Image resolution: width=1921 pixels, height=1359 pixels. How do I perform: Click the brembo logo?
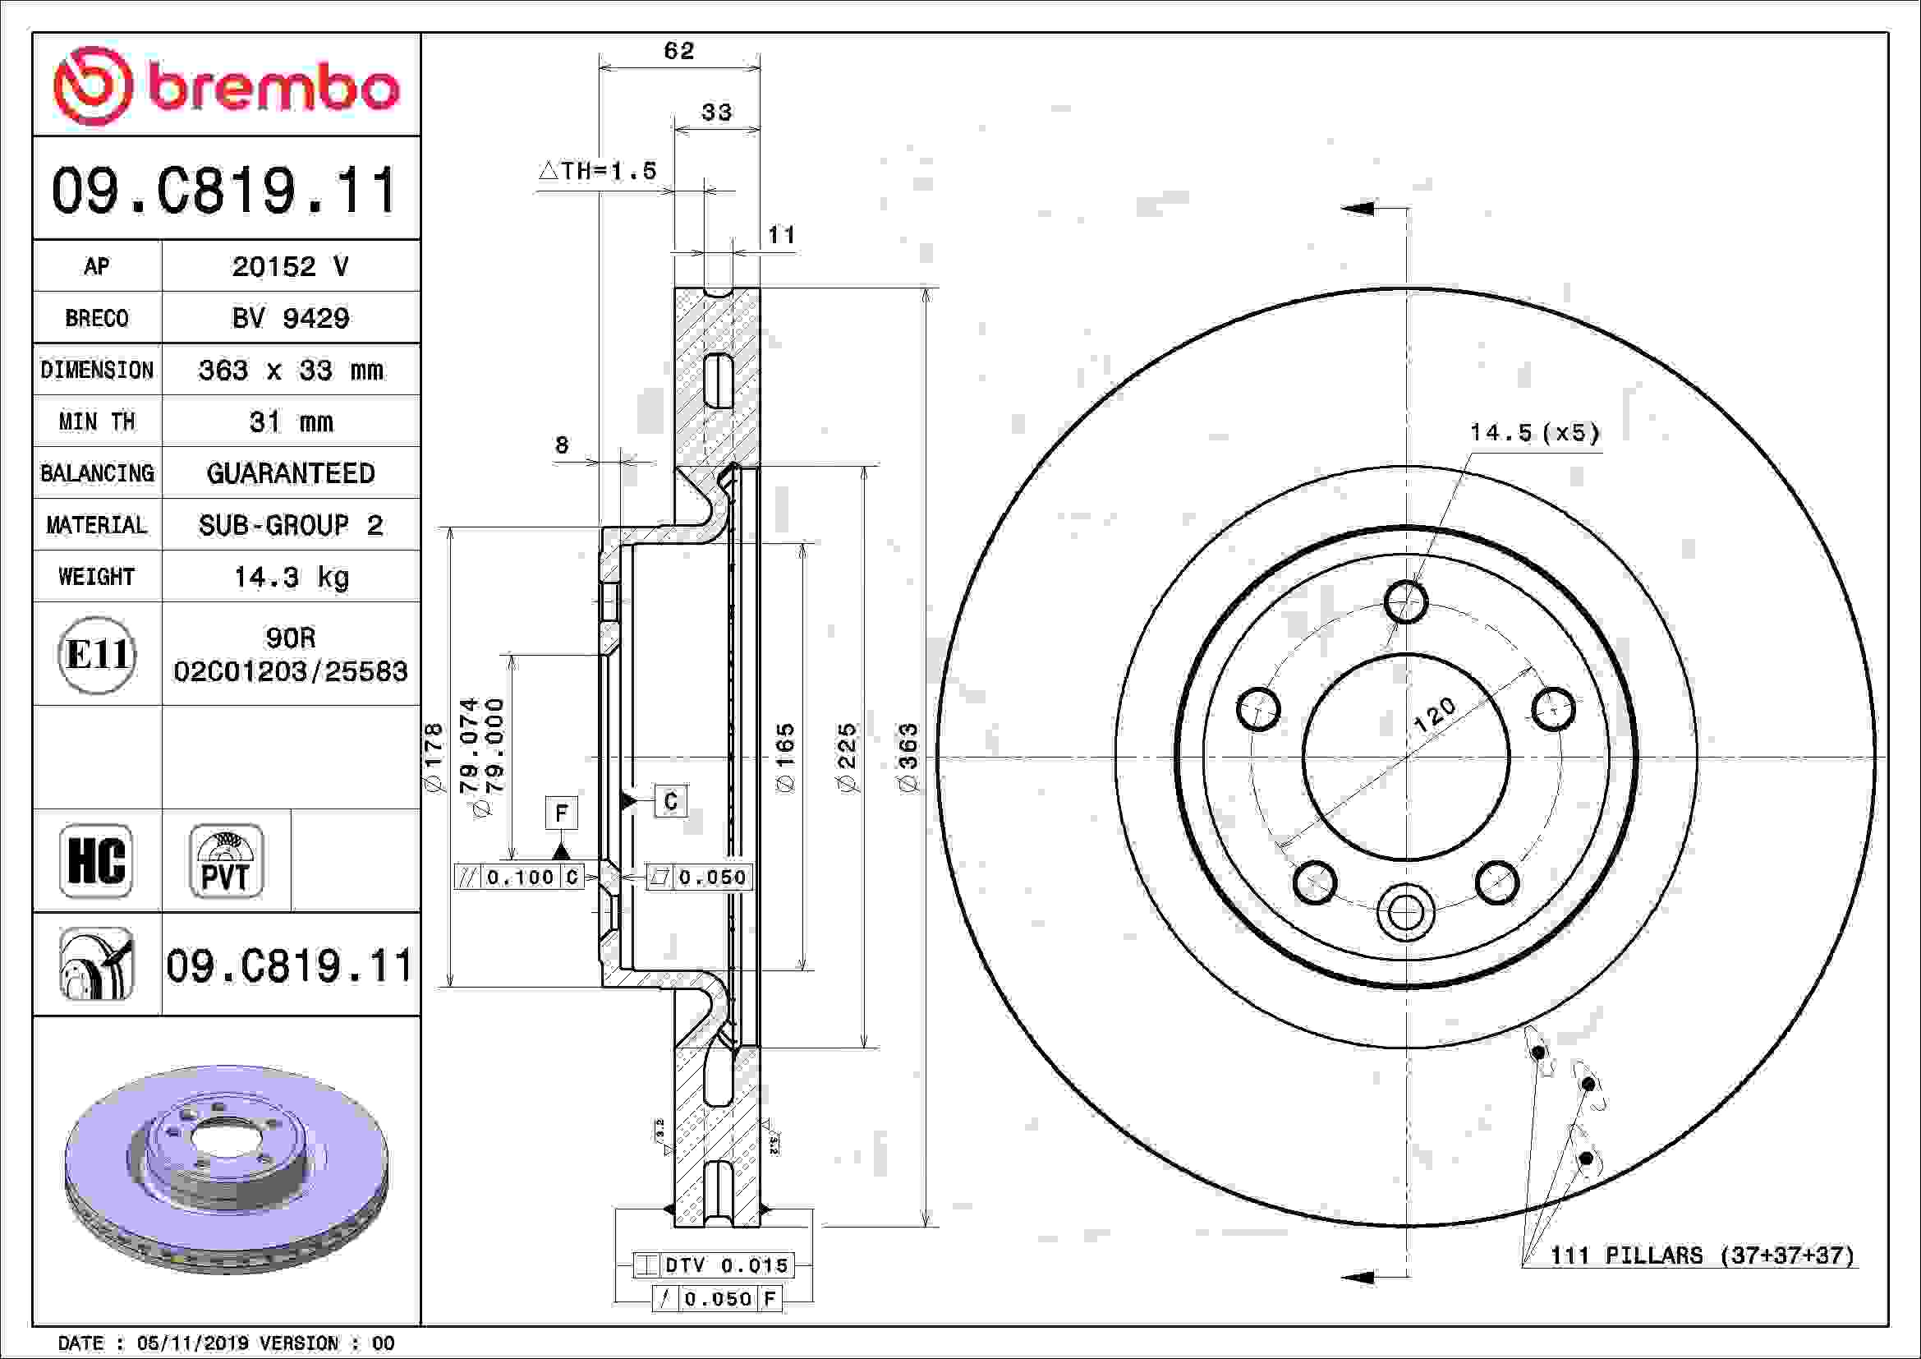tap(226, 86)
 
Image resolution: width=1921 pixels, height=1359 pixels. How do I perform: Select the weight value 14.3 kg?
tap(290, 577)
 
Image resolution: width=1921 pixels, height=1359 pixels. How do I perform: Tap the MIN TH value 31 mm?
tap(290, 422)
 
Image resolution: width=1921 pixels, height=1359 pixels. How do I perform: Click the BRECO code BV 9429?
tap(290, 318)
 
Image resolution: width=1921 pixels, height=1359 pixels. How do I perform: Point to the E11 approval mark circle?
tap(97, 654)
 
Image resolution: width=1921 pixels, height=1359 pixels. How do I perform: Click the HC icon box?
tap(96, 860)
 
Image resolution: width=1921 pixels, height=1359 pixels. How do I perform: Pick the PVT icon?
tap(226, 860)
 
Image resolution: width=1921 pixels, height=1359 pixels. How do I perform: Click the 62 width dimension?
tap(678, 51)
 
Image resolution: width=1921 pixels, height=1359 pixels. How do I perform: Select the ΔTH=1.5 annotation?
tap(597, 172)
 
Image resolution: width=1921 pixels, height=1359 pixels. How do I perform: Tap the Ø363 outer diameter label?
tap(908, 758)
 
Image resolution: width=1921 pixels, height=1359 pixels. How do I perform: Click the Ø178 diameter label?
tap(434, 758)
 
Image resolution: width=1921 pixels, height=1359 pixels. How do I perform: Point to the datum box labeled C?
tap(670, 801)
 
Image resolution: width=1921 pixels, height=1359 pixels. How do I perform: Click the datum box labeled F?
tap(562, 813)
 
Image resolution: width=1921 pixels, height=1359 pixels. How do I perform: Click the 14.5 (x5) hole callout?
tap(1534, 433)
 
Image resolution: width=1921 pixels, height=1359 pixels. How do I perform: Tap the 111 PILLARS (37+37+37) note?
tap(1702, 1255)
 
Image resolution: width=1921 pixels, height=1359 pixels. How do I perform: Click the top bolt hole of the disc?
tap(1405, 601)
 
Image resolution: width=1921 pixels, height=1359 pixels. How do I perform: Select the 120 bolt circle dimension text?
tap(1434, 716)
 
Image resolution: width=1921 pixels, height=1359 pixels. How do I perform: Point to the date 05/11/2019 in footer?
tap(192, 1343)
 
